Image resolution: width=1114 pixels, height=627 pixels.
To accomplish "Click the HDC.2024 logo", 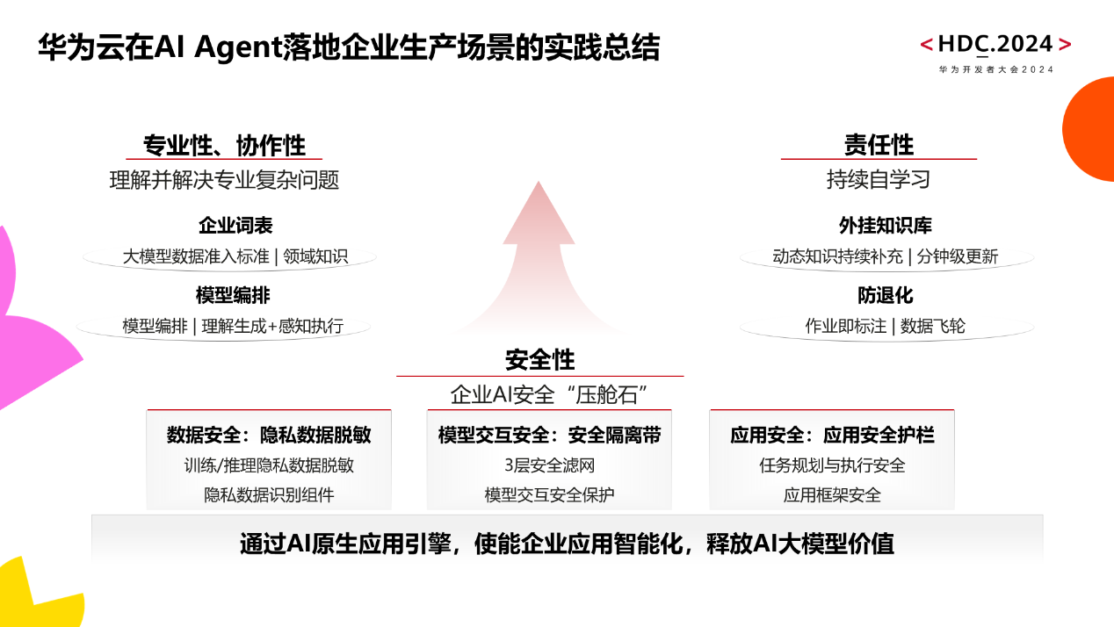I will (995, 46).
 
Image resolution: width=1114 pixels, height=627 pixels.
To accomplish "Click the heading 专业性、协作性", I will (225, 145).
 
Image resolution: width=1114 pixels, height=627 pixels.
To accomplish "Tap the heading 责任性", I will (879, 145).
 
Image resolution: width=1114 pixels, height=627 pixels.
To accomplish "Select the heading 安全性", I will (539, 359).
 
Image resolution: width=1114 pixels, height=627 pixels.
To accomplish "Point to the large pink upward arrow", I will (539, 255).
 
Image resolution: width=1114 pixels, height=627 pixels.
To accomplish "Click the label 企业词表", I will (235, 226).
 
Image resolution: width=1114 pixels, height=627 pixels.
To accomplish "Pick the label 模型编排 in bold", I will (233, 295).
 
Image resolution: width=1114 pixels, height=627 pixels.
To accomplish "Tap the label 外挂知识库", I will (885, 226).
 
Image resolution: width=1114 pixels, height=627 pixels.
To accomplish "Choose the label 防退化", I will (885, 295).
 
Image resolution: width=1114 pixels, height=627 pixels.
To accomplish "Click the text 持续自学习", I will (879, 179).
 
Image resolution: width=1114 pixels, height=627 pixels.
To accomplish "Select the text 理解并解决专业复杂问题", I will (224, 180).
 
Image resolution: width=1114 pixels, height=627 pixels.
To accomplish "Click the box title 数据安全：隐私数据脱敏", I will (269, 435).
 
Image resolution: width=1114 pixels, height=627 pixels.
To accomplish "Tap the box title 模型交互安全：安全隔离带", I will (549, 435).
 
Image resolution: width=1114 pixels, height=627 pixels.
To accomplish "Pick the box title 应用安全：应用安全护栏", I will (832, 435).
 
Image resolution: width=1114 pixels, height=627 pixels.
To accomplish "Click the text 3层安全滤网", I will (549, 465).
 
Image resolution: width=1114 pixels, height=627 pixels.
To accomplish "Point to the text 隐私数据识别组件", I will (269, 494).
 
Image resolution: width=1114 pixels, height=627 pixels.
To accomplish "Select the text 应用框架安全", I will (832, 494).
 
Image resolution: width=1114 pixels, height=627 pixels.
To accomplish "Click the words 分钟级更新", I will (957, 256).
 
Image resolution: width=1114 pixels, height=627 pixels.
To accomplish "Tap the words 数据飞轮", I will (933, 326).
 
